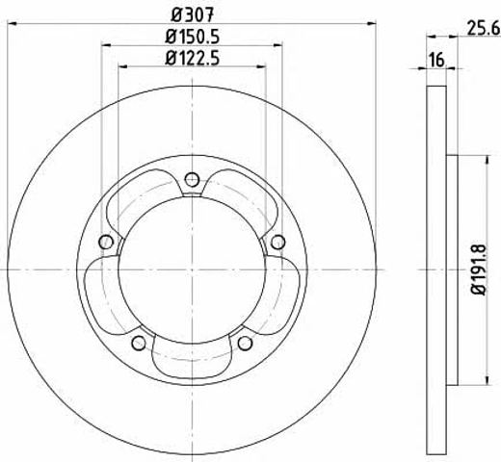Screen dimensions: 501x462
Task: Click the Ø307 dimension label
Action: pos(192,14)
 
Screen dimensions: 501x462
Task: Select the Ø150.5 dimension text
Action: pos(193,37)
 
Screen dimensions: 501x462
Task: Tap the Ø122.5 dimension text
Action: pos(193,58)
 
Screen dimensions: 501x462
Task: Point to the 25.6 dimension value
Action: pos(484,28)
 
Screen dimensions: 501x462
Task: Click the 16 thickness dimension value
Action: pos(436,60)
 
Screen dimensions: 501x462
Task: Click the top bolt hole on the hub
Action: pos(192,179)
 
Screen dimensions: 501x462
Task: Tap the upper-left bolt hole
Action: pos(106,242)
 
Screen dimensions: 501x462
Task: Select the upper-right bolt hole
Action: pos(277,242)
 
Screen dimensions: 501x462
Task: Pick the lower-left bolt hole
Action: pos(139,343)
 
